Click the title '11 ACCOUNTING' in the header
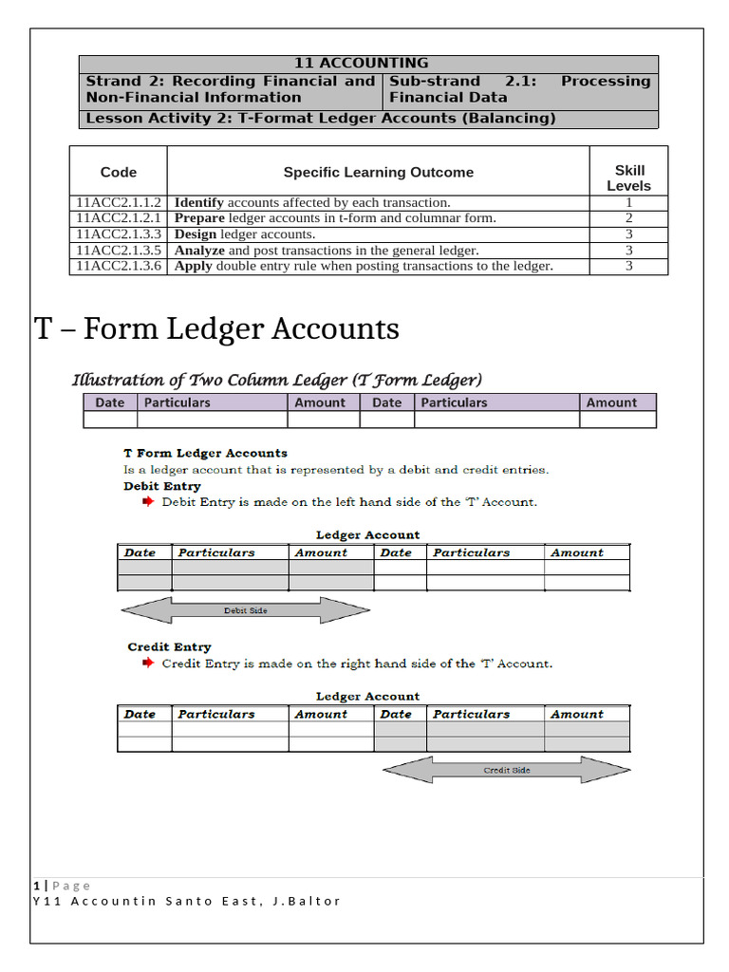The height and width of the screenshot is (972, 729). click(x=361, y=64)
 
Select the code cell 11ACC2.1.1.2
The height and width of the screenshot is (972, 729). click(x=119, y=202)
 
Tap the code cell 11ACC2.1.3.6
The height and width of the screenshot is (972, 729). click(x=119, y=266)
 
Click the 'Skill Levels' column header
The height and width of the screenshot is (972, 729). click(x=628, y=178)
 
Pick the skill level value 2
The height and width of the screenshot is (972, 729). click(x=628, y=218)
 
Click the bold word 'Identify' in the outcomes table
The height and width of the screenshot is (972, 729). click(x=199, y=202)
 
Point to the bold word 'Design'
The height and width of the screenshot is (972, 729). click(x=196, y=234)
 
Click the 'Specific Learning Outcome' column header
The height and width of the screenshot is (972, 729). click(x=378, y=172)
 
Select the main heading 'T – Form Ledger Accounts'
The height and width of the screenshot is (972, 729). click(x=216, y=329)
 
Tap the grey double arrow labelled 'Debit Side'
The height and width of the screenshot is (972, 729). click(x=246, y=610)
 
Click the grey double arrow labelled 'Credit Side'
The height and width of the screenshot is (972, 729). click(x=506, y=770)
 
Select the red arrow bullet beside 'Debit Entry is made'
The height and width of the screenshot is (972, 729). click(x=147, y=501)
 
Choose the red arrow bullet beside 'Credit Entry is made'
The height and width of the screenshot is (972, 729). click(x=147, y=664)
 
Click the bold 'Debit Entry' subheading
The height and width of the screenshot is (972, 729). click(x=162, y=486)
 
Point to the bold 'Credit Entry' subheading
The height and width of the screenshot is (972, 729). click(x=169, y=647)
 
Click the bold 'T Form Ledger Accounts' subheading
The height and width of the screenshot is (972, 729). click(x=206, y=453)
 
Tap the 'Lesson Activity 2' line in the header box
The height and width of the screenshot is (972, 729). click(x=321, y=119)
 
